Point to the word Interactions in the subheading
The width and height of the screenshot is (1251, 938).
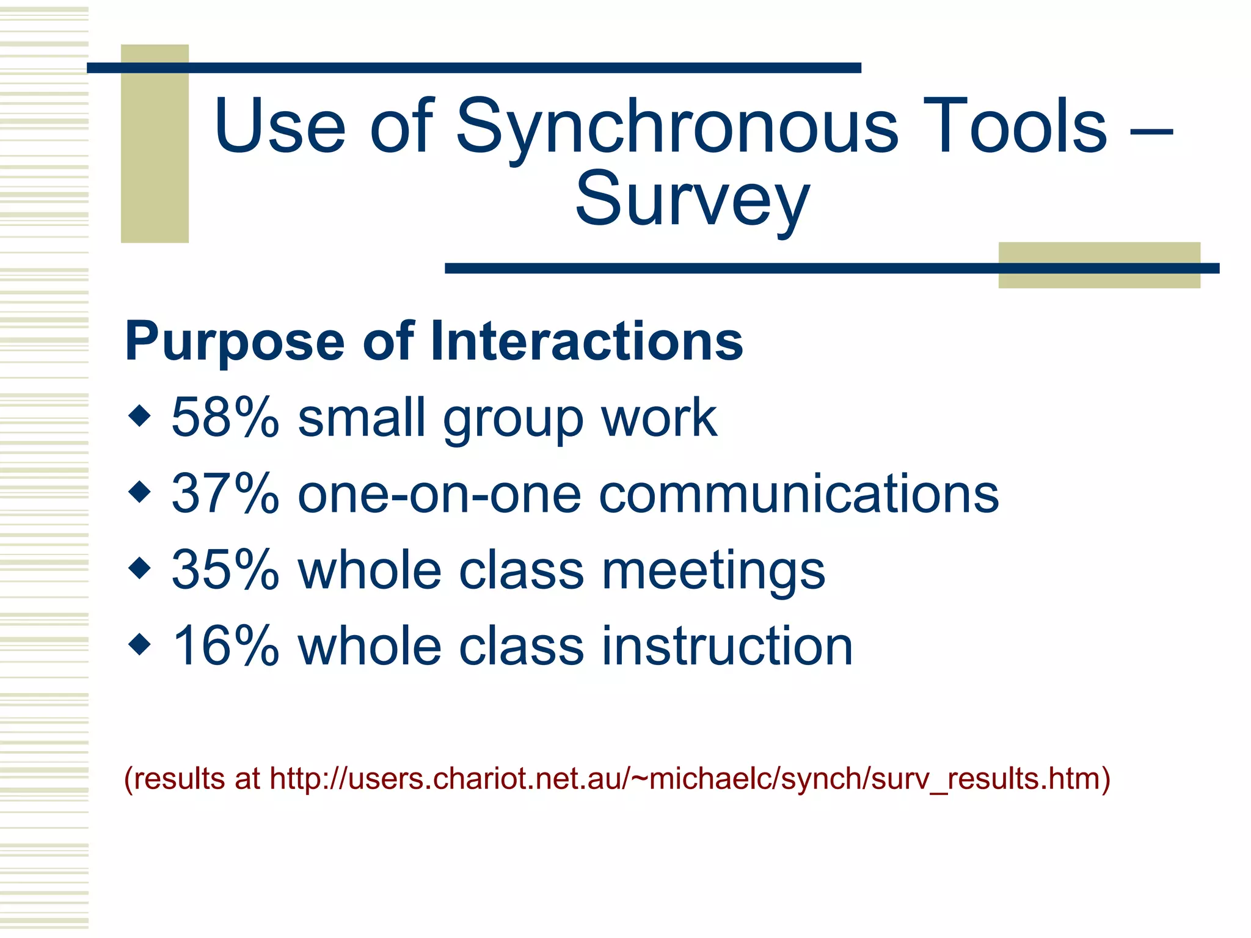(x=586, y=341)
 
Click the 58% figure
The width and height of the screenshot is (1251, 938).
(x=225, y=418)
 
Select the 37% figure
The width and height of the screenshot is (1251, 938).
(x=225, y=494)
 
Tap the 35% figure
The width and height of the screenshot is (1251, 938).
(x=225, y=570)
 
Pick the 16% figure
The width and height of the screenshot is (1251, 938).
(x=225, y=647)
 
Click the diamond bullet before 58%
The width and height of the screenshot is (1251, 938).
(x=140, y=416)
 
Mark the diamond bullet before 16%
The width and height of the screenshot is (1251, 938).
(x=140, y=644)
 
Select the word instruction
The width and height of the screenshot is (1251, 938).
(x=727, y=647)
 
